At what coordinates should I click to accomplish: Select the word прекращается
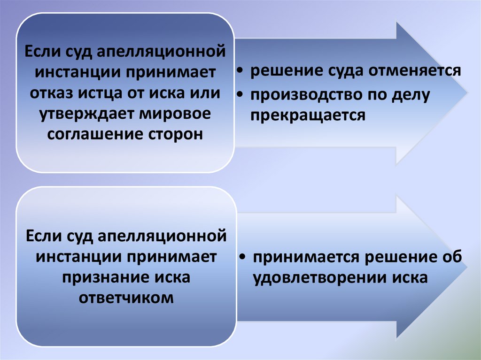[308, 115]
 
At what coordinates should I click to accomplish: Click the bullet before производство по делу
[240, 95]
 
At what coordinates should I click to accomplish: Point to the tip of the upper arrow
[467, 93]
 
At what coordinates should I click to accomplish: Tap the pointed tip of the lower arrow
[467, 267]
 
